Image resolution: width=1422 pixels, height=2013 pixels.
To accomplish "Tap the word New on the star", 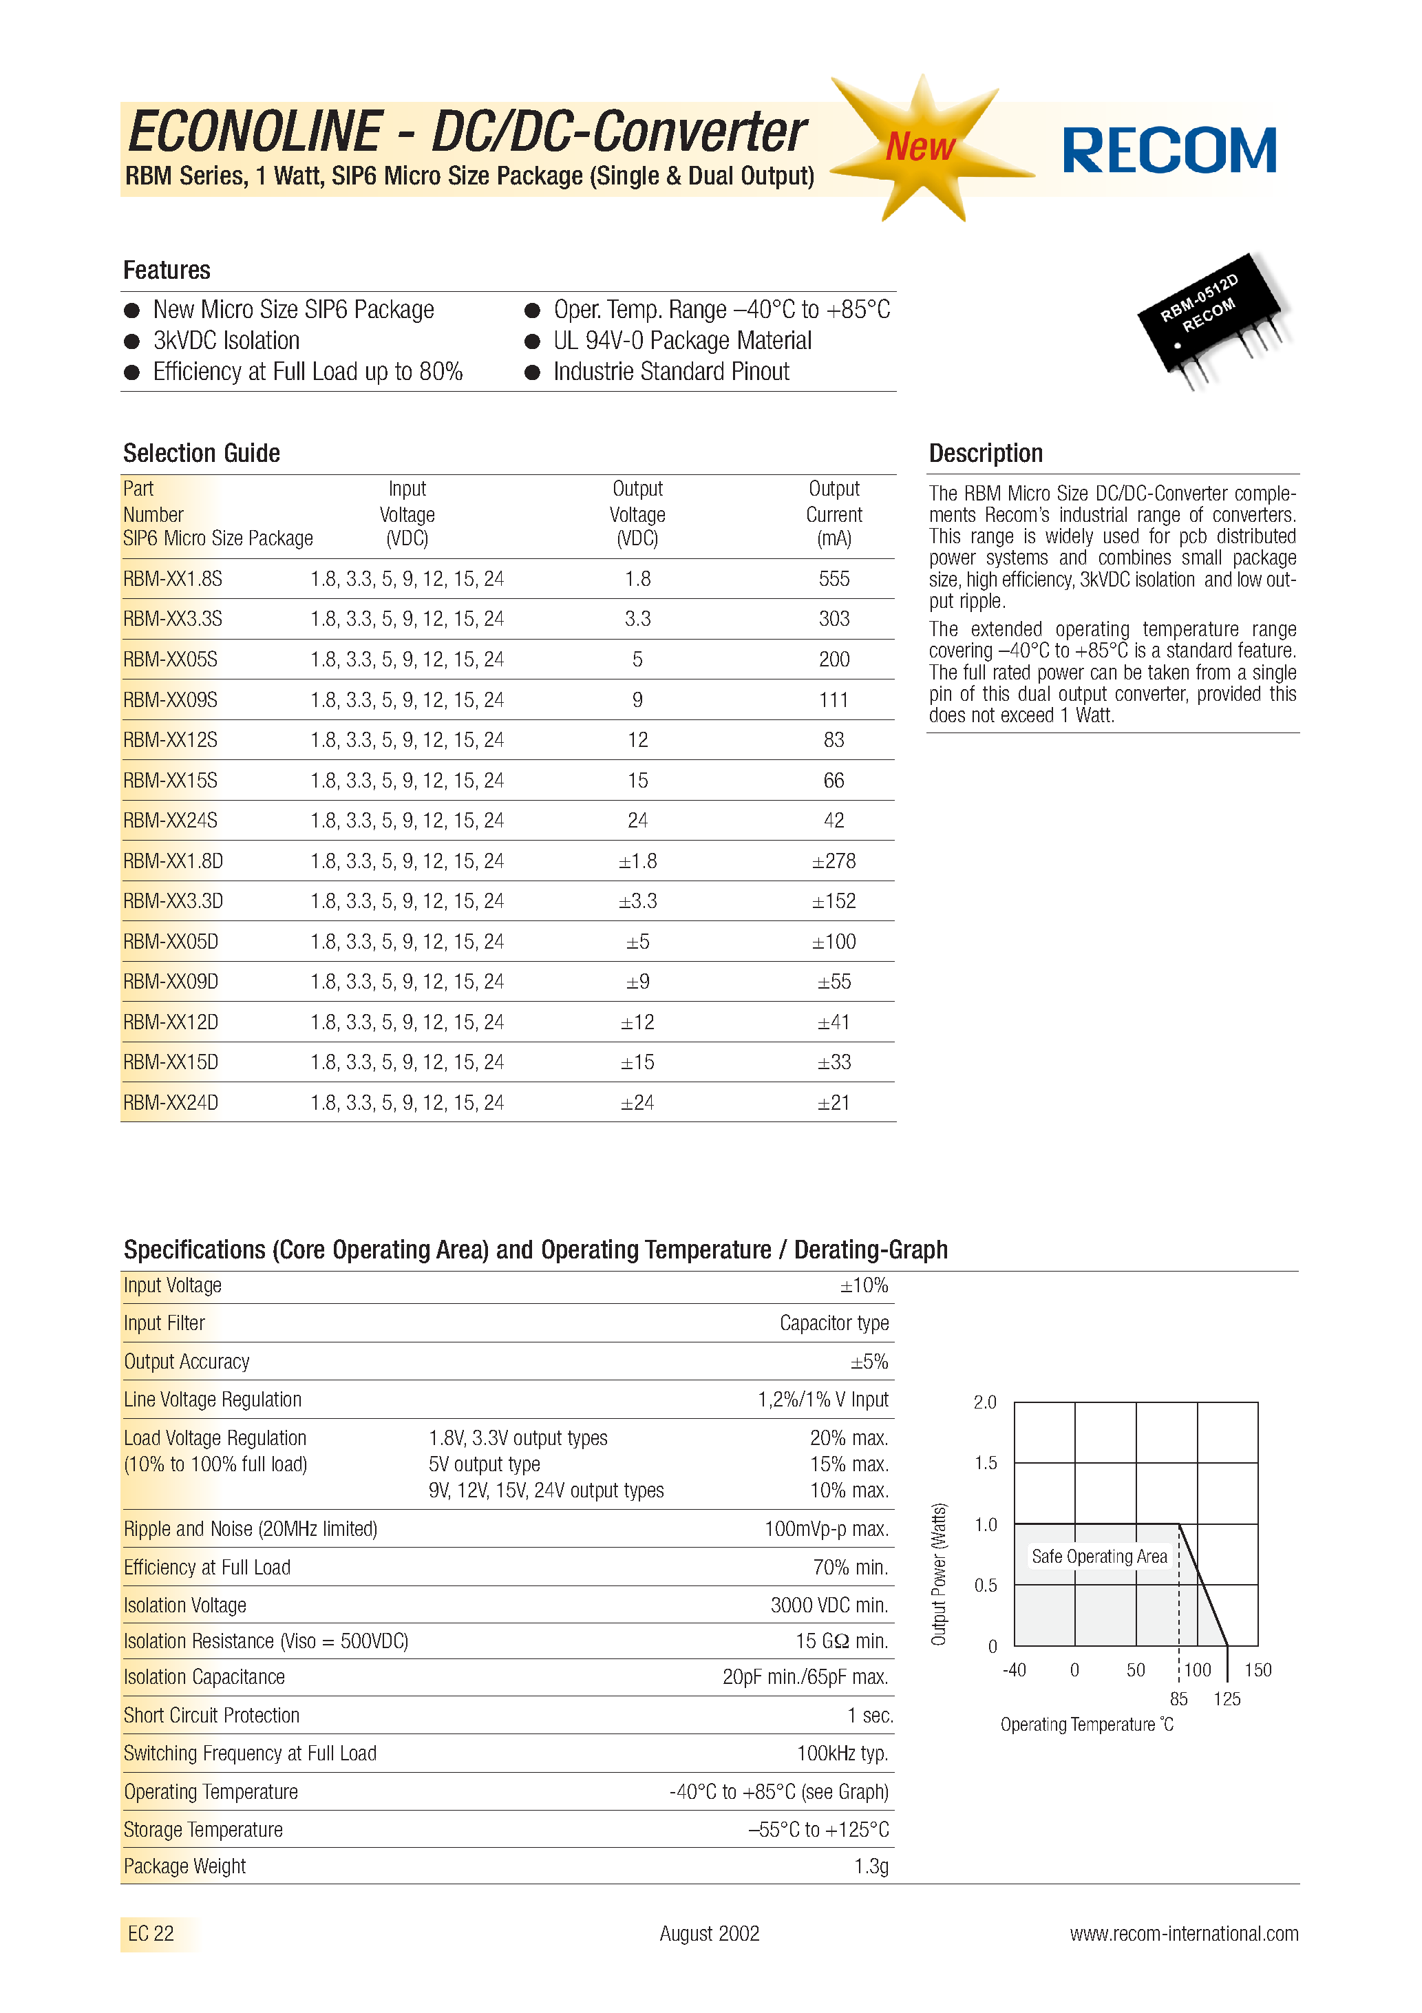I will point(920,147).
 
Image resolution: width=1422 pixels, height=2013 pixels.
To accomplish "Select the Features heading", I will point(167,270).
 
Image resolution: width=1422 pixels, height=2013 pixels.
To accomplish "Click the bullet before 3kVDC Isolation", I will point(132,341).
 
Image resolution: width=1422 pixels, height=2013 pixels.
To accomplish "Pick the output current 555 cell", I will point(834,579).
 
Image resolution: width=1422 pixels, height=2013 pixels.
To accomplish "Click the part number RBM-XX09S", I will point(170,699).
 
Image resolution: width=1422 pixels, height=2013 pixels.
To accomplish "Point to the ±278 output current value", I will point(834,861).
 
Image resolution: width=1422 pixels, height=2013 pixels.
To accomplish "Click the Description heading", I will point(986,453).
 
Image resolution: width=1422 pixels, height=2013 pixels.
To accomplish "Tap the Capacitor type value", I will point(834,1323).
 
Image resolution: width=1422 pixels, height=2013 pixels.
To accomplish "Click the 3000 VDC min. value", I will point(829,1605).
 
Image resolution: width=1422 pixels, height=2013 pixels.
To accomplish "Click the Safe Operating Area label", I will point(1099,1556).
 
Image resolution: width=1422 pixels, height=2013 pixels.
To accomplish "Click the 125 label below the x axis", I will point(1227,1699).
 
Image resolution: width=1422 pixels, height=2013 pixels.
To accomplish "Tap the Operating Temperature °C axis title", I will point(1086,1725).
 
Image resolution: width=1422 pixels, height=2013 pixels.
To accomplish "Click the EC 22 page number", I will point(151,1933).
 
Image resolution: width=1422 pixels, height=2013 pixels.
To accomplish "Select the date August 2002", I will point(709,1933).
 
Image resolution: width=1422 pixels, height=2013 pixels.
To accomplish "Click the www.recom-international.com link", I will point(1184,1933).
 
